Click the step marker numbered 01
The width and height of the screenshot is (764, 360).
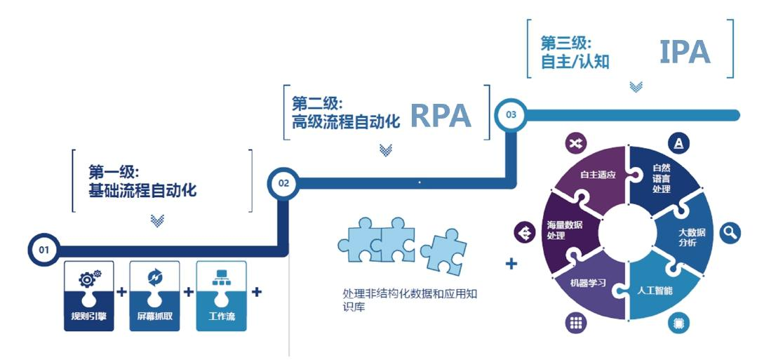43,249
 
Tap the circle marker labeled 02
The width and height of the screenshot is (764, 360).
283,183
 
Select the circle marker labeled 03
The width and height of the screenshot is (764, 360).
510,115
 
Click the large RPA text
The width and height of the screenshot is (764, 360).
440,116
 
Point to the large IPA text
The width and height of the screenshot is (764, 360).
684,53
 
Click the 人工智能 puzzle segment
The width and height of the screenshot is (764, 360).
656,287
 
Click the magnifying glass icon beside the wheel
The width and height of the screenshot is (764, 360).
730,232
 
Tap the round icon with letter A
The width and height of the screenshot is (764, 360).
678,145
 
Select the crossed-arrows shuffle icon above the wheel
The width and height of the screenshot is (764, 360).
576,144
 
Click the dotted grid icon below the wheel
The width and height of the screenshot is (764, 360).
576,323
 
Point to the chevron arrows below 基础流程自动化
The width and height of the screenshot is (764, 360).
158,221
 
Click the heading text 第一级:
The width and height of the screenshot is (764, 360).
114,172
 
